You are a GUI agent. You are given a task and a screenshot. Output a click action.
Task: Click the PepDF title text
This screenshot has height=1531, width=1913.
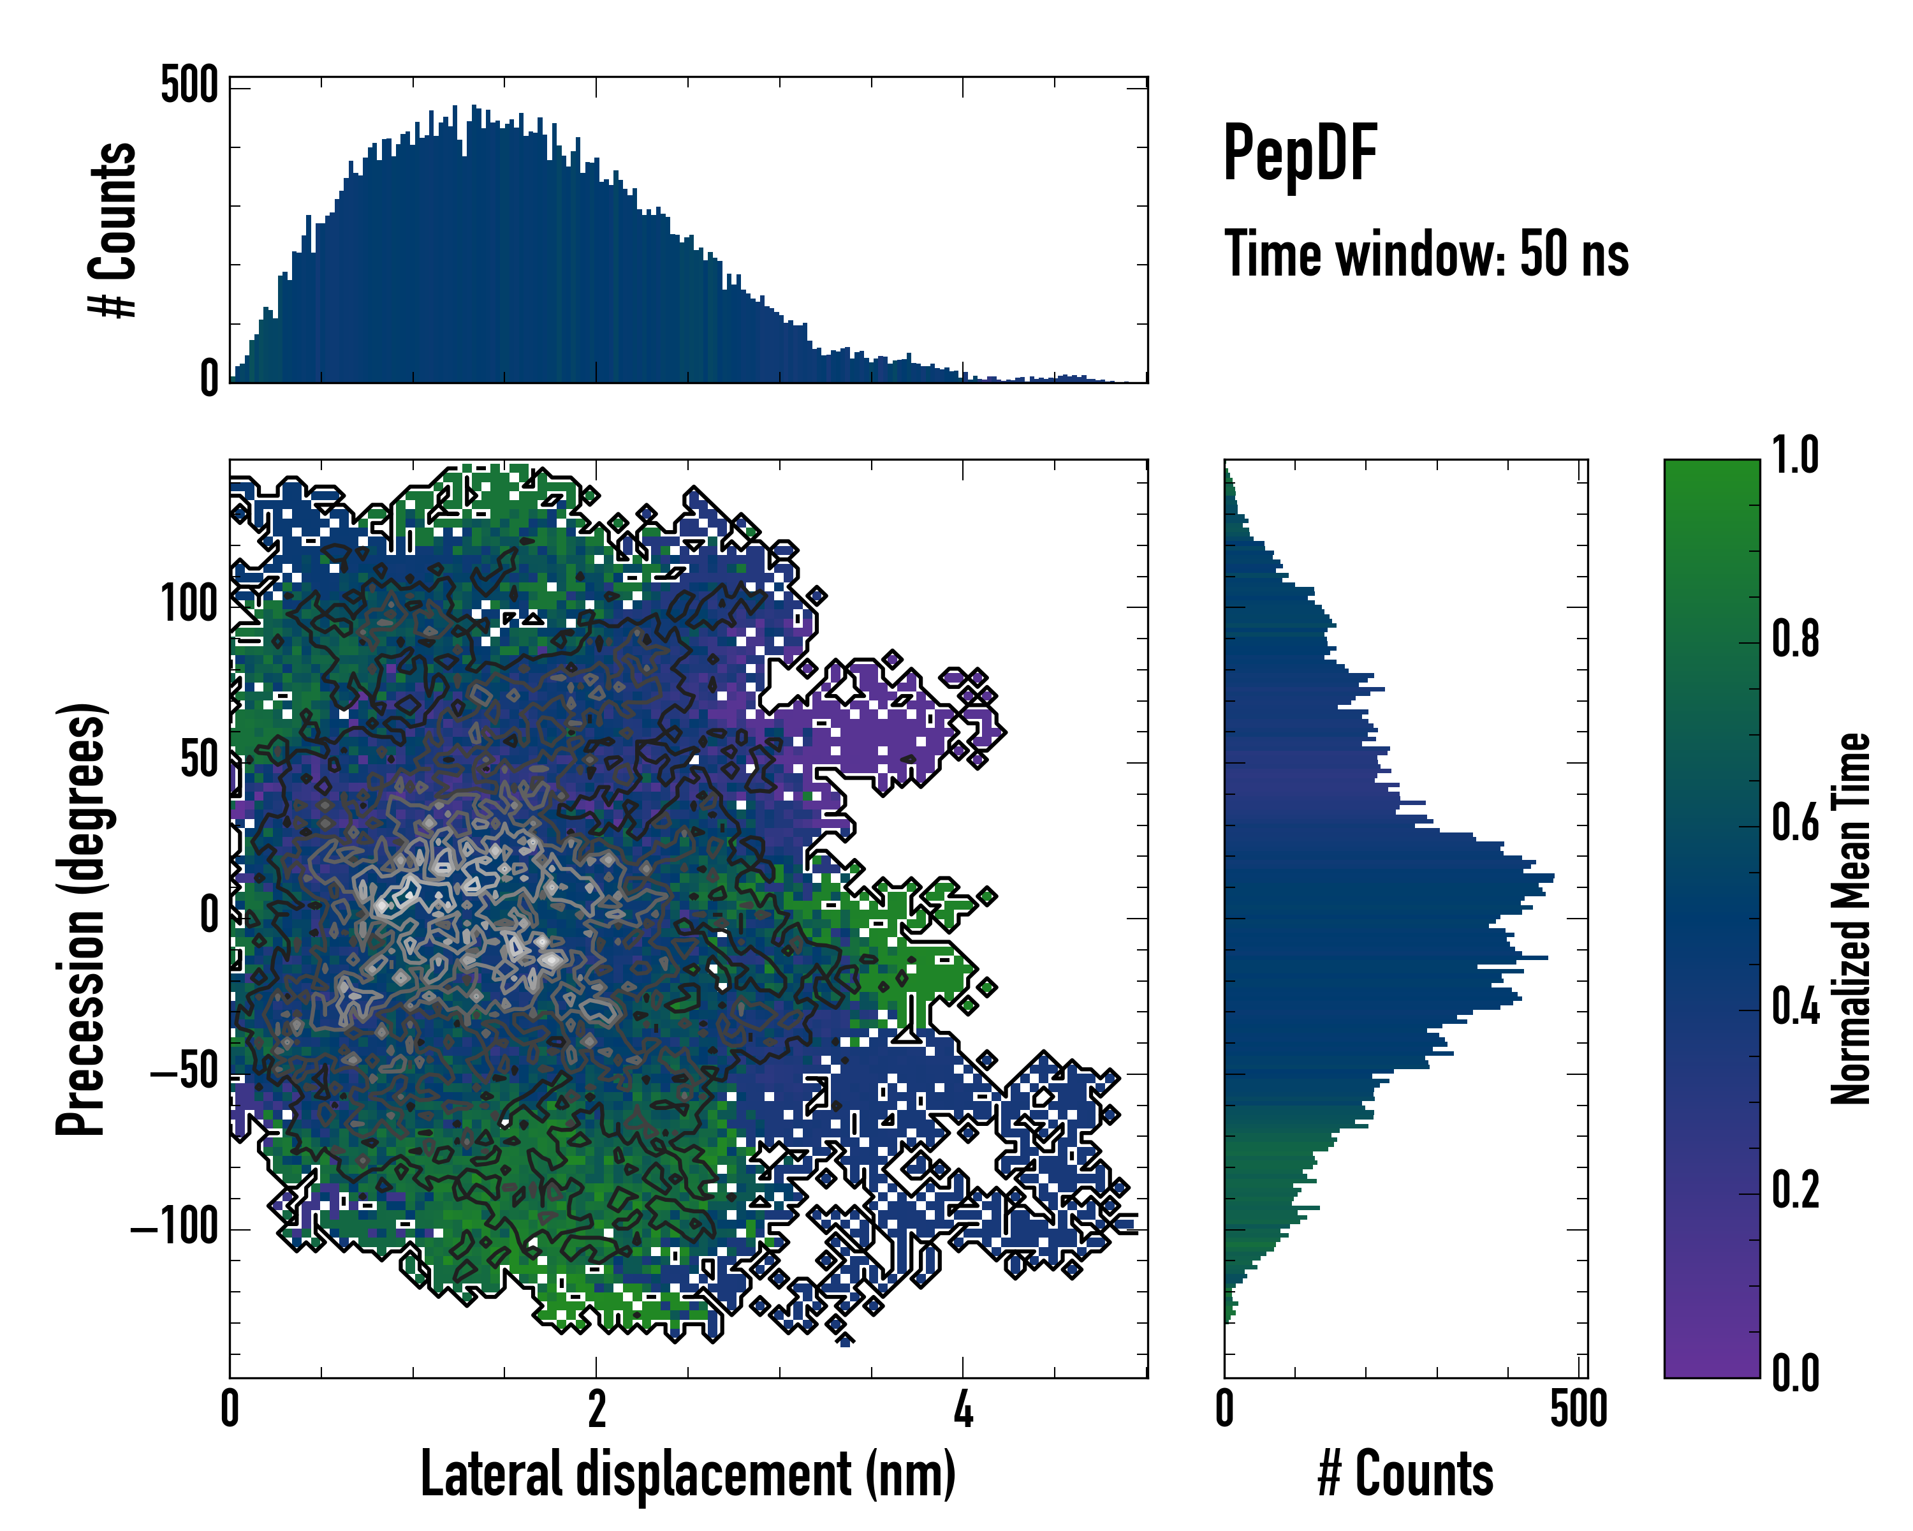point(1299,154)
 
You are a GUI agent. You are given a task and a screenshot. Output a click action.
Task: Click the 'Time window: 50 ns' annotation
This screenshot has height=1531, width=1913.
point(1426,254)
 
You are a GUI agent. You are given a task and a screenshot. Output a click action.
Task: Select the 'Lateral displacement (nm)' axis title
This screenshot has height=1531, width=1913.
point(687,1474)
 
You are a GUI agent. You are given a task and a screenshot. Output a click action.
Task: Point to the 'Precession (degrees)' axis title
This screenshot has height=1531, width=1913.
point(82,919)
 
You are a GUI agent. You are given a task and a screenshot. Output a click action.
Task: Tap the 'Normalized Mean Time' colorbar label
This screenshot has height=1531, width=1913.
point(1851,919)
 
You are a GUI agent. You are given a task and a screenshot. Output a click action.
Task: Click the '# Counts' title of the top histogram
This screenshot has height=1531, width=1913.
point(114,230)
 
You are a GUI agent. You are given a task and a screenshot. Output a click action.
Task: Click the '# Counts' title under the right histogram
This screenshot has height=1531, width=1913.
point(1405,1474)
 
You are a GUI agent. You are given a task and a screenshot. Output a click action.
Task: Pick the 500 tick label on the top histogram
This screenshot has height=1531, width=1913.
point(189,86)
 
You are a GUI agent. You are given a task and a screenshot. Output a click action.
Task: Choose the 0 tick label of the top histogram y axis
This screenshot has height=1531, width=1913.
point(209,379)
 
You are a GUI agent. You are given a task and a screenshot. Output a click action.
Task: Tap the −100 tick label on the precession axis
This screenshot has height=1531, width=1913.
point(174,1229)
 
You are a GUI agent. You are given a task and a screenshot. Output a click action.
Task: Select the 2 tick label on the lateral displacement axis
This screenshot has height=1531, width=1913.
point(596,1409)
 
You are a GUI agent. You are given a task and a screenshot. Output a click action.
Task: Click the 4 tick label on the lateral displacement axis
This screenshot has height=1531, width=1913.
point(963,1409)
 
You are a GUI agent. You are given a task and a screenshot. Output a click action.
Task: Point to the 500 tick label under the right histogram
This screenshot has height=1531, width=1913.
point(1578,1409)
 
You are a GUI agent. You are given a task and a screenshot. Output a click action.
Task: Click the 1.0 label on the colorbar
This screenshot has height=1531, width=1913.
point(1795,455)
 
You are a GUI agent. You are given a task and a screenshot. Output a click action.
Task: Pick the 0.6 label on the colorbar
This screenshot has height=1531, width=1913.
point(1795,823)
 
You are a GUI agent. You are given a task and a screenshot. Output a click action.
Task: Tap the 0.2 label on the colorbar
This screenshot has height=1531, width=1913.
point(1795,1190)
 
